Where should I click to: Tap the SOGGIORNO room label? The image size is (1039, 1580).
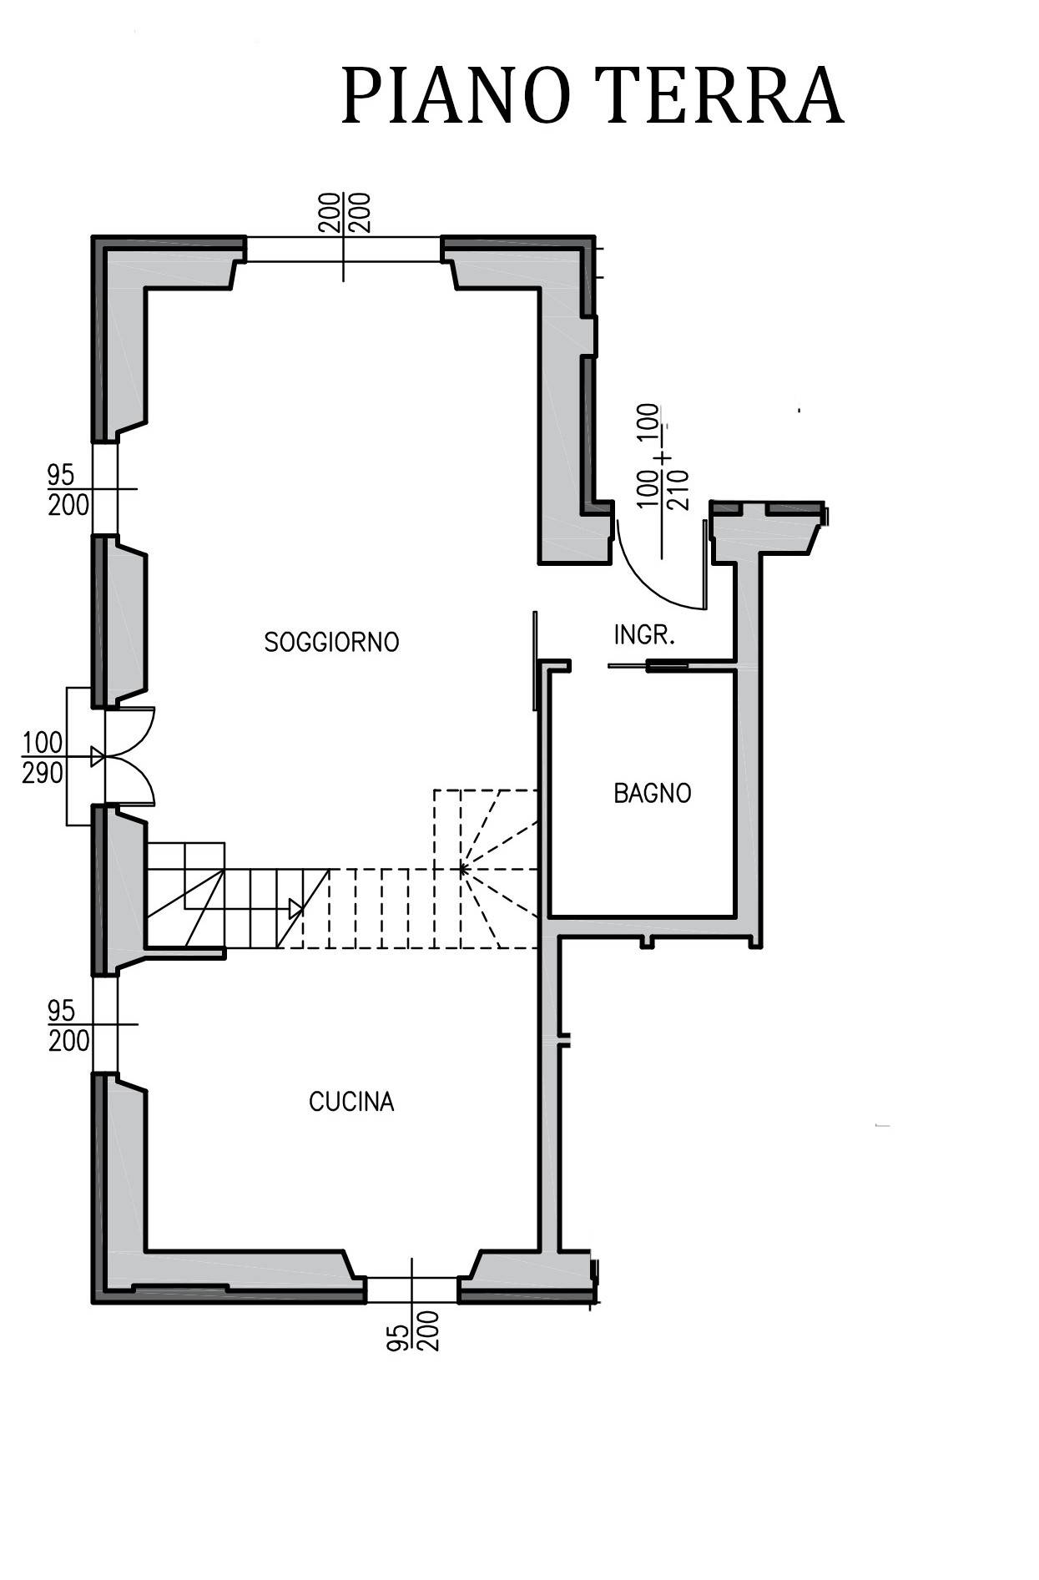point(331,642)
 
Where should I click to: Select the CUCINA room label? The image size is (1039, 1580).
point(351,1102)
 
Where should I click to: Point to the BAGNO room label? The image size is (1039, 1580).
point(652,793)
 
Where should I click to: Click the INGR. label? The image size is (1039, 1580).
point(643,635)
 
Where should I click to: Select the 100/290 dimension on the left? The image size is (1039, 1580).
point(43,757)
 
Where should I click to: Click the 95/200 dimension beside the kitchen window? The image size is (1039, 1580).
point(68,1026)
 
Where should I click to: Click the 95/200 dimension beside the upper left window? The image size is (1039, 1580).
point(68,490)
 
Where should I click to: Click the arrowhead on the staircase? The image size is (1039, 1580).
point(295,908)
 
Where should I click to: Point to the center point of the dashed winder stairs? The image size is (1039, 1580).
point(461,870)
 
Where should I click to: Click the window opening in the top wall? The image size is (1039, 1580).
point(343,249)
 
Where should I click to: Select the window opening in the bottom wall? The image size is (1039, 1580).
point(411,1290)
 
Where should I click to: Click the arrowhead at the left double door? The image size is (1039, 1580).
point(98,757)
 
